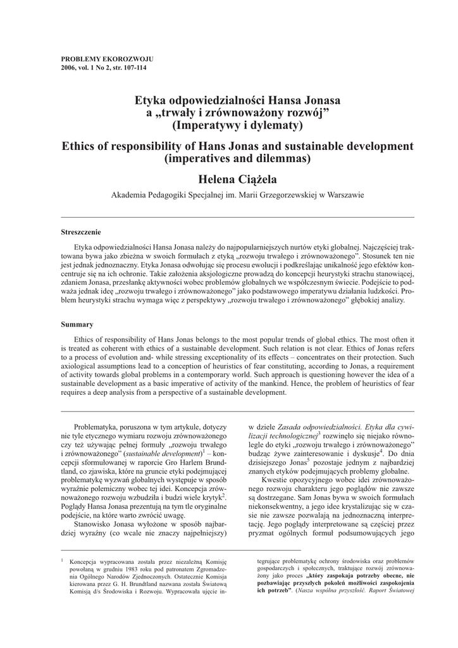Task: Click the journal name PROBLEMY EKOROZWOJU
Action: tap(106, 59)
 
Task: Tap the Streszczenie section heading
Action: tap(80, 232)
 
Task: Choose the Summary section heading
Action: tap(77, 324)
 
